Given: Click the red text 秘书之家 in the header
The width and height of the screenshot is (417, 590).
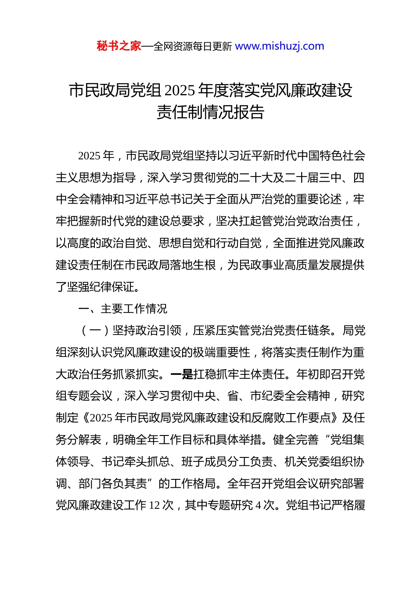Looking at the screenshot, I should point(119,46).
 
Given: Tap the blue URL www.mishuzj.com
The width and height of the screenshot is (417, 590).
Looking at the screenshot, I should point(280,46).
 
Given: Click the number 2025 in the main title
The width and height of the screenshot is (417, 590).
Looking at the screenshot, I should point(180,90).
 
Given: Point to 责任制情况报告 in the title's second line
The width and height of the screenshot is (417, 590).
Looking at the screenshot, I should point(210,112).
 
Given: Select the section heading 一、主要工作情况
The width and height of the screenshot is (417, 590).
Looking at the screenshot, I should point(122,309).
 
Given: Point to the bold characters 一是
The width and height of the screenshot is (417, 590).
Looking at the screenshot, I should point(181,374).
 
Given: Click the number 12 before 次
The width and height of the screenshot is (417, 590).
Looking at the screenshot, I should point(155,506).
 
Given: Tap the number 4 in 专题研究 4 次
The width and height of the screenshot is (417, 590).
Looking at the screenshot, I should point(259,506).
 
